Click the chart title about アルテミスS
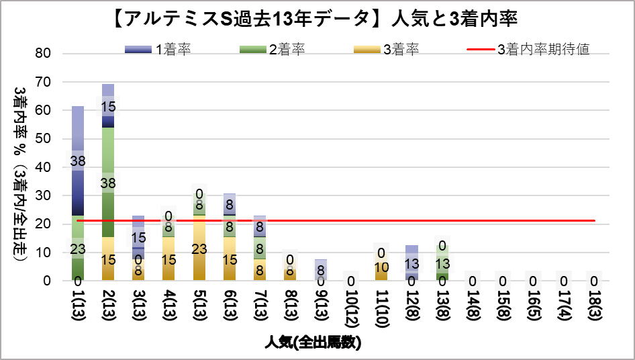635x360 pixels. point(317,18)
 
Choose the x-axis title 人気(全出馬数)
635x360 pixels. point(313,343)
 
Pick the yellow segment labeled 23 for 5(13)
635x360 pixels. point(199,248)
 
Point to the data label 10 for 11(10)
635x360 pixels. point(381,267)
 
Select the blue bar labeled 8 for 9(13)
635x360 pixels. point(321,270)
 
